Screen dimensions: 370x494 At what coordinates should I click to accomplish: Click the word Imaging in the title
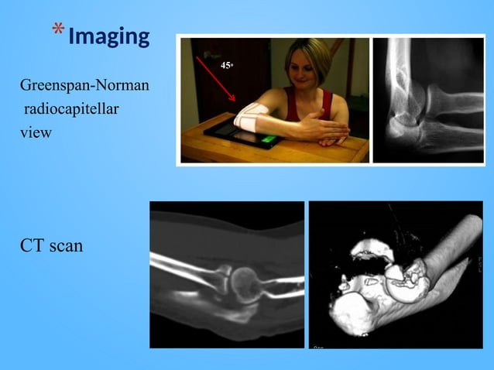[x=108, y=36]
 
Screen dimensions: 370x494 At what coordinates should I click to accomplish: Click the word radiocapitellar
[x=70, y=108]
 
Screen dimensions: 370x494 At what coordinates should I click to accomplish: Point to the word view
[x=36, y=132]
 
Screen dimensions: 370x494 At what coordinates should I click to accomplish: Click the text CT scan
[x=51, y=247]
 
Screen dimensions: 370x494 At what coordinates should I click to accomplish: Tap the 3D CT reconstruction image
[x=395, y=275]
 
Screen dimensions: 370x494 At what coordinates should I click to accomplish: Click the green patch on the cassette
[x=268, y=141]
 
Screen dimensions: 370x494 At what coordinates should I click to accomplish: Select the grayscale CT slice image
[x=227, y=275]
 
